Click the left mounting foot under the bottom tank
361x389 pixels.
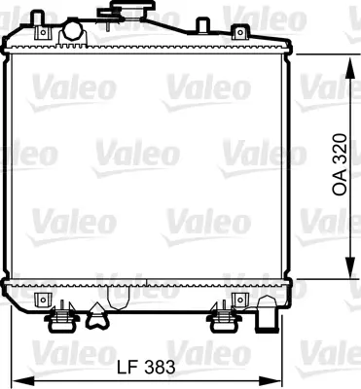pyautogui.click(x=64, y=316)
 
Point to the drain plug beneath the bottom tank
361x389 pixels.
pyautogui.click(x=97, y=312)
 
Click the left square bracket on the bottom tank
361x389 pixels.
pyautogui.click(x=40, y=299)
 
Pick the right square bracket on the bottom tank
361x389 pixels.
pyautogui.click(x=235, y=299)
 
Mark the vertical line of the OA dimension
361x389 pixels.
pyautogui.click(x=349, y=117)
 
